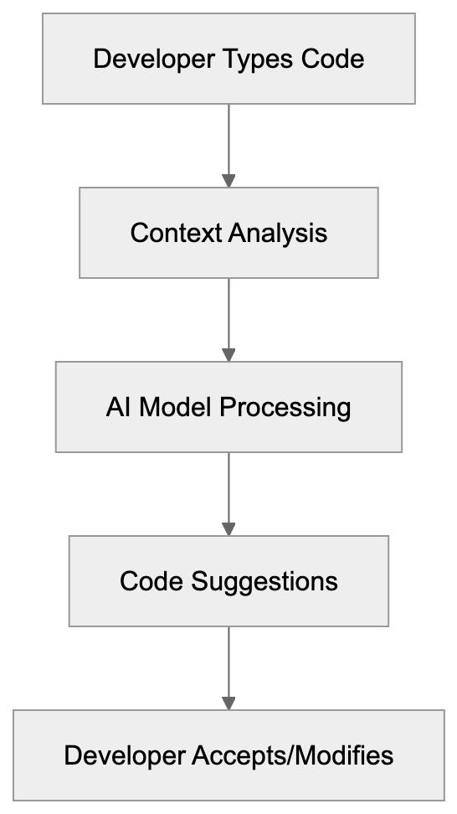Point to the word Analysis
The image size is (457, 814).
276,233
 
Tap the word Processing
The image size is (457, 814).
285,407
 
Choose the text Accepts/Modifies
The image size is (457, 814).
293,755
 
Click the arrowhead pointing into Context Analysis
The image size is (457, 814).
228,180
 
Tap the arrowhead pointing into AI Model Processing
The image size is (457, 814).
228,354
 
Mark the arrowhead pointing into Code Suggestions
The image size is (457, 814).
228,528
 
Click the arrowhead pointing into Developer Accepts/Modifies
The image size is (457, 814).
228,703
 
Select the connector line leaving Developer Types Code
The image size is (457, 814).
228,137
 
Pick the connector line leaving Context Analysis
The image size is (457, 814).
228,312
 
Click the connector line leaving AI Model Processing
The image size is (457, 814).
228,486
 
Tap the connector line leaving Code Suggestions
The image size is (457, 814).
228,660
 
